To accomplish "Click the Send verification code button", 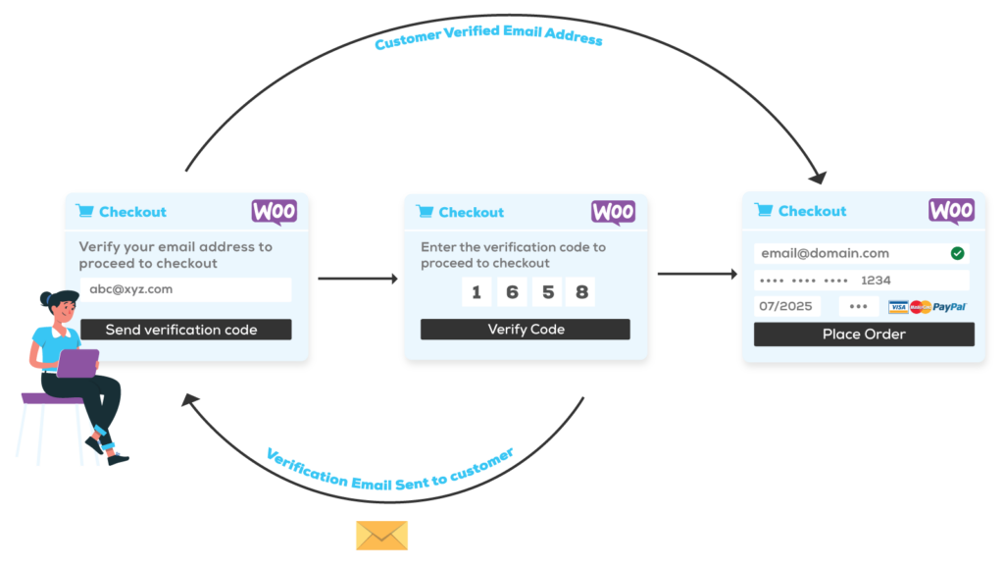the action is (185, 330).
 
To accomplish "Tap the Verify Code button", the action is (526, 330).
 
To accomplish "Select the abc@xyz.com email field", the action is (185, 289).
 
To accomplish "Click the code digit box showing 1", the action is (477, 292).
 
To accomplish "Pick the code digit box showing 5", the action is (547, 292).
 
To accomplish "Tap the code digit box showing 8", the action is (580, 292).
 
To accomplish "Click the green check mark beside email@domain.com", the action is (957, 254).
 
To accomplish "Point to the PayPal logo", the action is (949, 307).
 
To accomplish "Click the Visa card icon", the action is (898, 307).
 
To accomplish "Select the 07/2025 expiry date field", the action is (787, 306).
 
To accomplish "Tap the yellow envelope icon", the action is (381, 536).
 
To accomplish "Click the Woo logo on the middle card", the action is (614, 213).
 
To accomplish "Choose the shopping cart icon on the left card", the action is (85, 211).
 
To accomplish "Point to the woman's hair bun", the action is (45, 298).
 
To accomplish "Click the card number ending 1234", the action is (861, 281).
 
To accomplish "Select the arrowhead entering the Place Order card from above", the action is (818, 177).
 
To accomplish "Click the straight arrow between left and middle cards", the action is (358, 279).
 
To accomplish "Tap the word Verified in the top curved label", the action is (472, 31).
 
